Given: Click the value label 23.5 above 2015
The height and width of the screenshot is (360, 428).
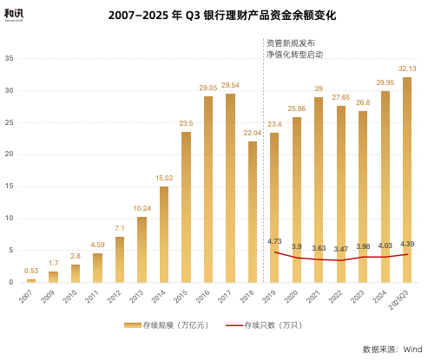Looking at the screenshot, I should [x=186, y=123].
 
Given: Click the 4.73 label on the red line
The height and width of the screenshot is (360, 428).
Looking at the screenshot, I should [x=274, y=240].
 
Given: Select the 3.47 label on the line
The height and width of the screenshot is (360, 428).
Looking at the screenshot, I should [x=341, y=249].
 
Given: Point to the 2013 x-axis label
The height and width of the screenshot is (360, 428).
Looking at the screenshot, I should [x=138, y=295].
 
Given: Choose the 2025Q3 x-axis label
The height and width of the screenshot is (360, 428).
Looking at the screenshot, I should [x=403, y=298].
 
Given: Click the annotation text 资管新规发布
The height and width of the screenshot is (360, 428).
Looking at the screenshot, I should [x=290, y=43].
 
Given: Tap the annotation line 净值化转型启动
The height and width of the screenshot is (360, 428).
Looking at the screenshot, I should [x=294, y=54].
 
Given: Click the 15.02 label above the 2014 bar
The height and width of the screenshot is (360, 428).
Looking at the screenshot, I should [x=163, y=178].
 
